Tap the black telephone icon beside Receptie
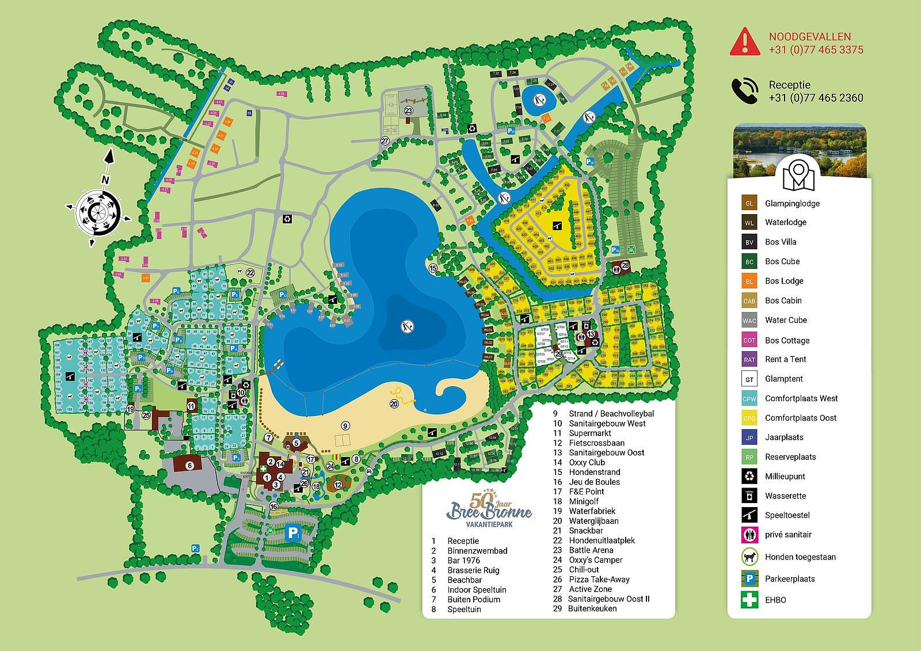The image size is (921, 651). coord(744,91)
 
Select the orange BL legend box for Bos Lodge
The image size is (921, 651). coord(749,281)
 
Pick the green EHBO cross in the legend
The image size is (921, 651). coord(749,599)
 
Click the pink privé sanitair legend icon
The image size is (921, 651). coord(749,534)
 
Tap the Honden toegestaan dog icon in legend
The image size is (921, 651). coord(749,557)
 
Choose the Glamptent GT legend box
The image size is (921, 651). coord(749,379)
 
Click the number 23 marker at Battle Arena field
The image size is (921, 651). coord(409,110)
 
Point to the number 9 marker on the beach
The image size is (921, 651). coord(345,426)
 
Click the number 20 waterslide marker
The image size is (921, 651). coord(394,403)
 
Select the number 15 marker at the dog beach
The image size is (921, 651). coord(433,268)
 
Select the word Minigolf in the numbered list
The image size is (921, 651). coord(584,501)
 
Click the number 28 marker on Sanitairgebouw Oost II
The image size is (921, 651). coord(625,265)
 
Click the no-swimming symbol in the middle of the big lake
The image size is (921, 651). coord(408,326)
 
